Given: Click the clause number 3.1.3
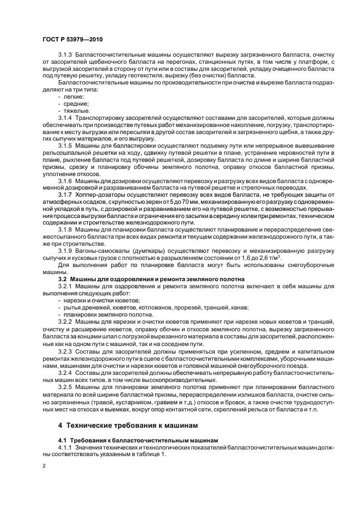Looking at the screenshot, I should tap(66, 57).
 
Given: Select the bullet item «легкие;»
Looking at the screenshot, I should tap(74, 96).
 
